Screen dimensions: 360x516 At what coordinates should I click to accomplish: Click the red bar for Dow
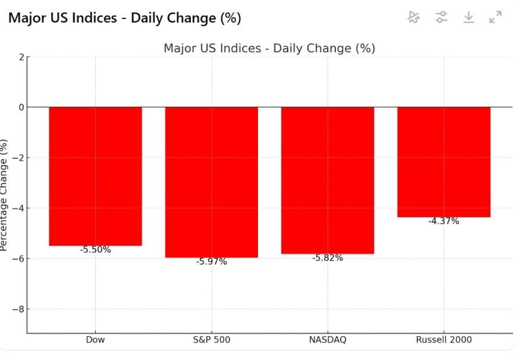(x=95, y=176)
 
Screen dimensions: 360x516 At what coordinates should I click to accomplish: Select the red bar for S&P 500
(x=212, y=182)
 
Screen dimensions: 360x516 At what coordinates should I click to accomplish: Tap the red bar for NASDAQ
(x=327, y=180)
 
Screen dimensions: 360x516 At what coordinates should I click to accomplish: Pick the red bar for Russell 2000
(x=444, y=162)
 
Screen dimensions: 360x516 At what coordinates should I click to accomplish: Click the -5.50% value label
(x=95, y=250)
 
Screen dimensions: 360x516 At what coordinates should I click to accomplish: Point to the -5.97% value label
(x=212, y=262)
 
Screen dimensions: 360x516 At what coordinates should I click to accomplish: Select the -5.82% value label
(x=327, y=258)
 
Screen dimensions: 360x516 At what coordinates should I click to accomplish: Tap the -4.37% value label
(x=444, y=221)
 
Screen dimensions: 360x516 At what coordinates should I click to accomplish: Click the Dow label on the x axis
(x=95, y=340)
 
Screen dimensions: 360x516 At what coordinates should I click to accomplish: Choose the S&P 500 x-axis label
(x=212, y=340)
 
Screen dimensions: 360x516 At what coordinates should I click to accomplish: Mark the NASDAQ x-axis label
(x=327, y=340)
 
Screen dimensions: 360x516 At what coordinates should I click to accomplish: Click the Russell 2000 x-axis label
(x=444, y=340)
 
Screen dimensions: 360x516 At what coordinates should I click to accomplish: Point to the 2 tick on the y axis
(x=21, y=57)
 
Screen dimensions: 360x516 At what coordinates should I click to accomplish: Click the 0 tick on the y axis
(x=21, y=107)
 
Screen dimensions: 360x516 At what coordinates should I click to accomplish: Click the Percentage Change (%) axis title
(x=5, y=195)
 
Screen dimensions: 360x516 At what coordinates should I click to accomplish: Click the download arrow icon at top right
(x=468, y=17)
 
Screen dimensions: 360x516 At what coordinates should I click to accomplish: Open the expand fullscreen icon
(x=495, y=17)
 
